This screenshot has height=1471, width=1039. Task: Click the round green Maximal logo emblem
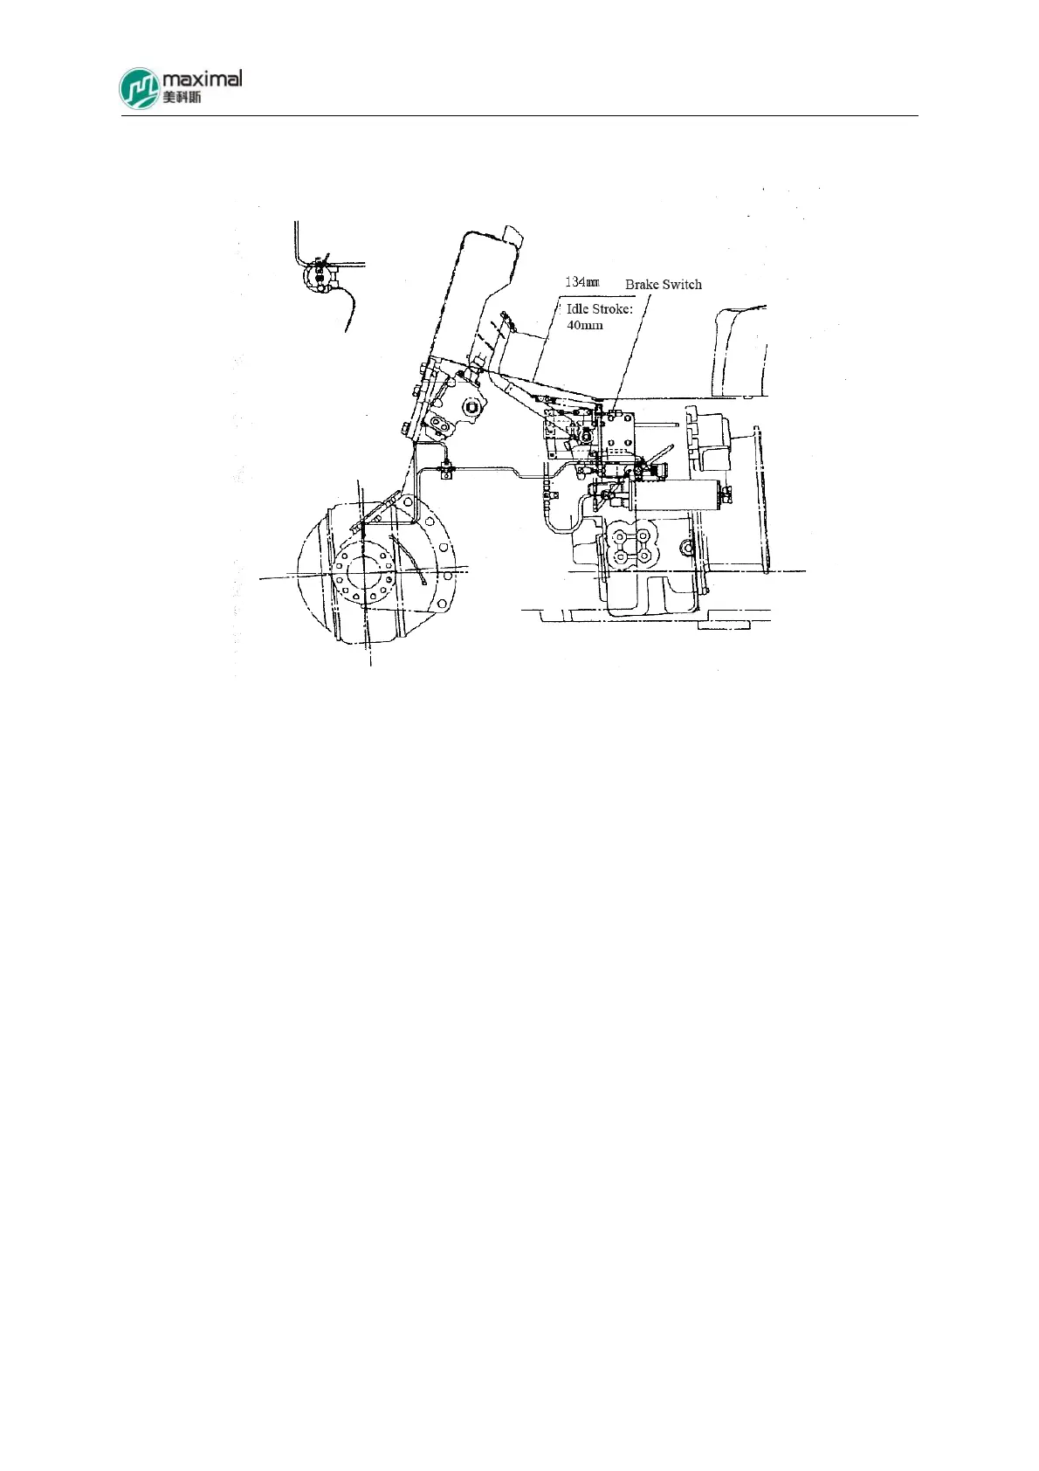(x=140, y=88)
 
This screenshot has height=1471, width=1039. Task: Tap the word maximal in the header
(x=202, y=79)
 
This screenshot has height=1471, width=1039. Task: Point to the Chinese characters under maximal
(x=182, y=97)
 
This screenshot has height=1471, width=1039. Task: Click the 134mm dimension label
(x=581, y=282)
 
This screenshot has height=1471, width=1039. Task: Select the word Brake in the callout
(x=642, y=285)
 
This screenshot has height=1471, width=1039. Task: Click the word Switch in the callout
(x=681, y=285)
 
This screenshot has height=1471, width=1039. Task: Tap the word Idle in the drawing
(x=577, y=309)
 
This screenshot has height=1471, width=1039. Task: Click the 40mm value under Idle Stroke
(x=584, y=325)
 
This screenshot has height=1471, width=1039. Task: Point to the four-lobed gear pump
(x=631, y=543)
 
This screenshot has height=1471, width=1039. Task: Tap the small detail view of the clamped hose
(x=322, y=278)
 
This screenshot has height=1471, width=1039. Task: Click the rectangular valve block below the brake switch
(x=618, y=437)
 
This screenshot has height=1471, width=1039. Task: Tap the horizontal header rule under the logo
(x=519, y=115)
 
